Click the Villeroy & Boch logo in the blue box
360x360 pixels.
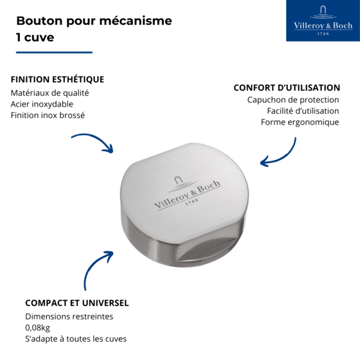(x=323, y=21)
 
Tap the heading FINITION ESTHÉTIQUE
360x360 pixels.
(x=57, y=79)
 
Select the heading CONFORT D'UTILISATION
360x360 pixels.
(x=287, y=88)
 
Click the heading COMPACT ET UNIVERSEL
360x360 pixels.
(x=77, y=303)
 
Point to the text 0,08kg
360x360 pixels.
(x=37, y=328)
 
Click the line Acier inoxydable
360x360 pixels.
(x=42, y=104)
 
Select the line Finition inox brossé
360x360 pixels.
(x=48, y=115)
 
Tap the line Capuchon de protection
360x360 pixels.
(x=293, y=100)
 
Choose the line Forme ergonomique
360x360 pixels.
(x=300, y=122)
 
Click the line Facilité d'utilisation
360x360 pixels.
(x=303, y=111)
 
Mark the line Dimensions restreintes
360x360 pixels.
(x=69, y=316)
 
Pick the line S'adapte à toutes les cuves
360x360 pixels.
(x=76, y=339)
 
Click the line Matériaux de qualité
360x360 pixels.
(x=50, y=93)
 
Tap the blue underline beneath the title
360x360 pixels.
(x=54, y=52)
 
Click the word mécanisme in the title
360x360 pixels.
(x=136, y=21)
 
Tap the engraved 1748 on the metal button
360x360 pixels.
(x=191, y=201)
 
